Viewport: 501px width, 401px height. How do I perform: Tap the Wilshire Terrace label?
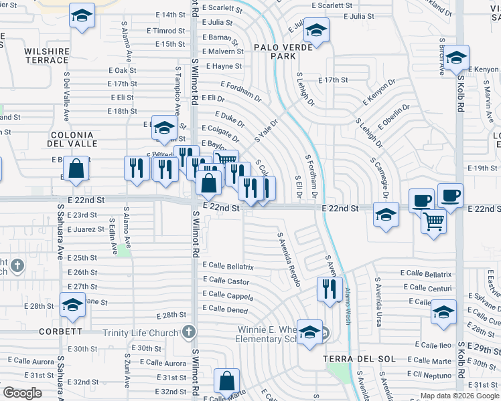(47, 55)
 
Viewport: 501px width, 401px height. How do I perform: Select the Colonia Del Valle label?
(74, 138)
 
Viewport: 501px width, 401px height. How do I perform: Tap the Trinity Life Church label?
(141, 332)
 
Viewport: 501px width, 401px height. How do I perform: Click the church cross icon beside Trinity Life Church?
(190, 331)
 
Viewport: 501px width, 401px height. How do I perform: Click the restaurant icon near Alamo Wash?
(329, 289)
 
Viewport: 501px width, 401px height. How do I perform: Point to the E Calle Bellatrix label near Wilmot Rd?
(228, 267)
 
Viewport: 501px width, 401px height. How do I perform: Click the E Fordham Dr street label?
(239, 92)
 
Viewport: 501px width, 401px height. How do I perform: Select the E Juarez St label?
(86, 229)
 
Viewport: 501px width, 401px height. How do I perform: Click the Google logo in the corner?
(23, 393)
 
